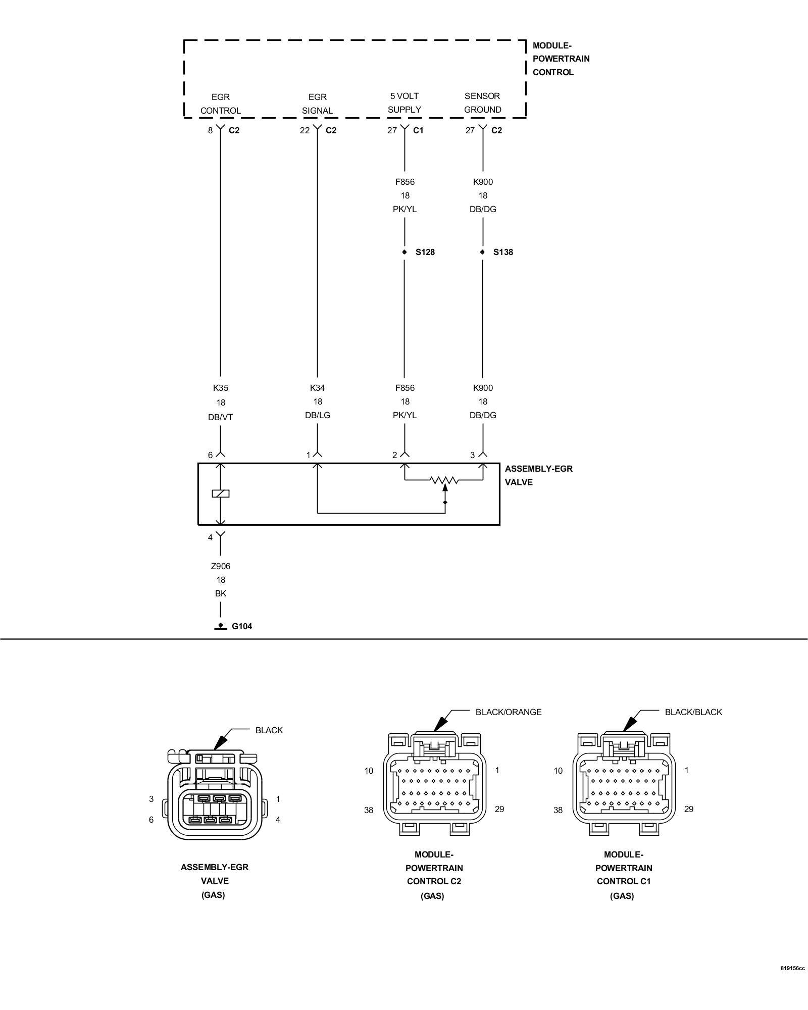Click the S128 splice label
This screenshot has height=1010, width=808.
pos(425,252)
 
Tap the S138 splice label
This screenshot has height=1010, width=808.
pos(503,252)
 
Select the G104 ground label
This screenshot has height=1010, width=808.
pos(242,626)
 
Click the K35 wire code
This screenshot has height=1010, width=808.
pos(221,388)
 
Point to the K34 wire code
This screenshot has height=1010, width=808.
pos(317,388)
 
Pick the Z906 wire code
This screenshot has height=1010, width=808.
pos(221,566)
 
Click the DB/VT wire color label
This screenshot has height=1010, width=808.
pos(221,417)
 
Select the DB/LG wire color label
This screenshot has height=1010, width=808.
pos(317,415)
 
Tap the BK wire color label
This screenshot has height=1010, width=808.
pos(221,593)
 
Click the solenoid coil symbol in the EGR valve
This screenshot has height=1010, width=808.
pos(221,493)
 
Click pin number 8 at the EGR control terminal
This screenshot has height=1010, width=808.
pos(210,130)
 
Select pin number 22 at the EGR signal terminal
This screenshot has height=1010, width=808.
pos(305,130)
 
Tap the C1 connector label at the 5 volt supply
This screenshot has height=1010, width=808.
pos(418,130)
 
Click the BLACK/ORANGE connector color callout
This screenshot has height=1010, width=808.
pos(509,712)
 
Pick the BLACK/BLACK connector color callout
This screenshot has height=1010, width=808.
pos(693,712)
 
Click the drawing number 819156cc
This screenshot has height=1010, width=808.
pos(793,969)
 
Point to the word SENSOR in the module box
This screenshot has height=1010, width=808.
pos(482,96)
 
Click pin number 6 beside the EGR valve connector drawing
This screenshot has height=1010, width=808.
pos(151,820)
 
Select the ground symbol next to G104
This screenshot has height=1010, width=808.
pos(220,626)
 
